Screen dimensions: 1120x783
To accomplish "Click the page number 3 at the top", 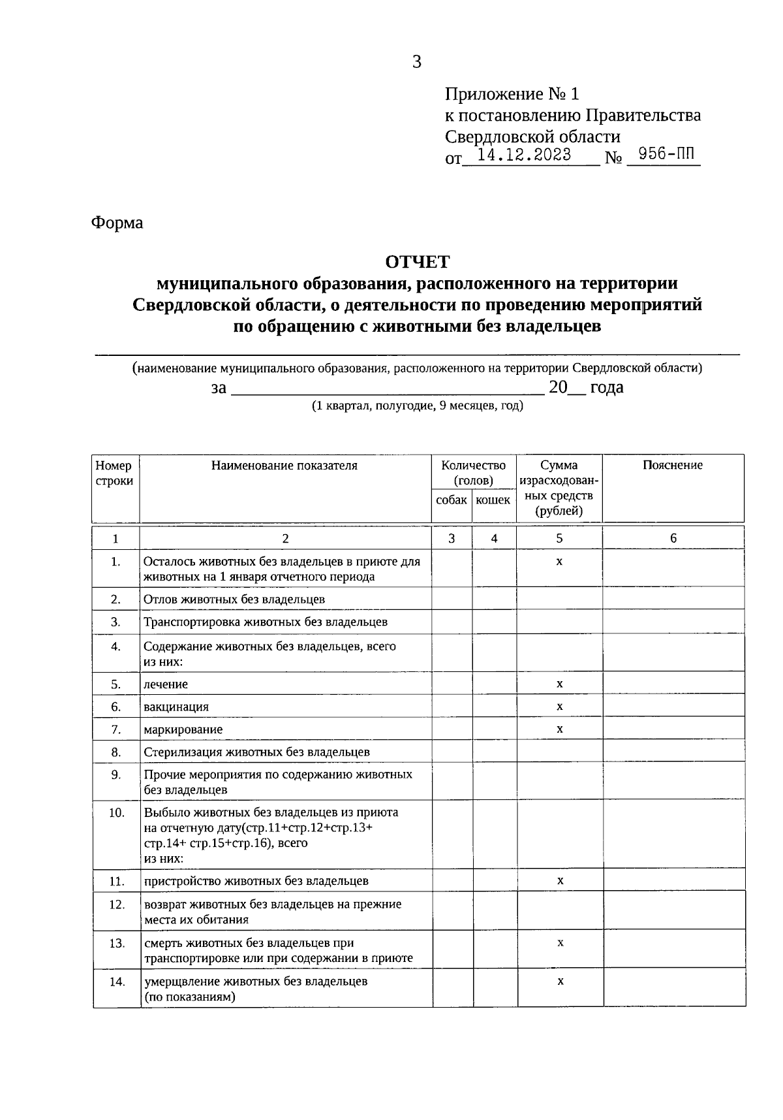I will click(x=417, y=62).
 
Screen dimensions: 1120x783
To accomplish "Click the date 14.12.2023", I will click(x=524, y=155).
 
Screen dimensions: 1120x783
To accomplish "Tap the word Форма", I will click(x=117, y=223).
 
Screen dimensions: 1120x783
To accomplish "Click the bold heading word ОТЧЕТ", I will click(x=417, y=262).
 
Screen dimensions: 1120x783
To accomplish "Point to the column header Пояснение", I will click(x=672, y=465).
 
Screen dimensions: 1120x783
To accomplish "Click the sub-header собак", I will click(x=452, y=500).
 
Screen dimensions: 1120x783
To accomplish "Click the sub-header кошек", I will click(x=493, y=500).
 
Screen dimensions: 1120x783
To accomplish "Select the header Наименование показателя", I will click(x=284, y=465).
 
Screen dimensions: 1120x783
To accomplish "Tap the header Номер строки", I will click(x=114, y=473).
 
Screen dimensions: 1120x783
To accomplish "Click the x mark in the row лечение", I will click(x=559, y=684).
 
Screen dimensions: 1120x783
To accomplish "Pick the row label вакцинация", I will click(x=176, y=707).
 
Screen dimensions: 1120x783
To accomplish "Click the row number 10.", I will click(x=116, y=813).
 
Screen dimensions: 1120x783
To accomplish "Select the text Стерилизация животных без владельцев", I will click(x=256, y=752).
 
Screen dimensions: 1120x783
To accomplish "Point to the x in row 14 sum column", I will click(x=560, y=981).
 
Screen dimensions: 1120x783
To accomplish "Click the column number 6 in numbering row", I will click(x=673, y=538).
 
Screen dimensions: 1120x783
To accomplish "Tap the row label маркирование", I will click(x=183, y=729).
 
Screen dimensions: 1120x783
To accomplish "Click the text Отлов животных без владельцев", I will click(x=234, y=599).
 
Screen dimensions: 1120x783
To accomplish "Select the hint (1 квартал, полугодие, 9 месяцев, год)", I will click(x=417, y=406).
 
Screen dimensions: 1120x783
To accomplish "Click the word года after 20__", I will click(x=607, y=387).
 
